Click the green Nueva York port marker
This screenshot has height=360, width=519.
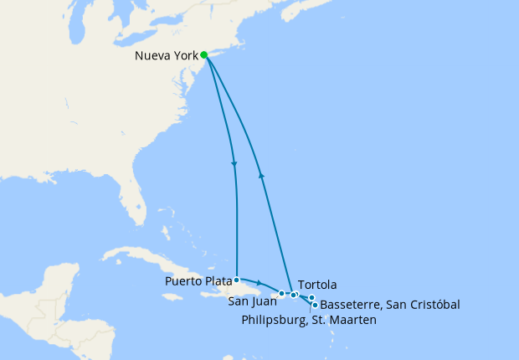pos(204,55)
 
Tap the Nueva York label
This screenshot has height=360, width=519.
pos(166,56)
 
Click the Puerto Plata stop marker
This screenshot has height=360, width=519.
pos(237,279)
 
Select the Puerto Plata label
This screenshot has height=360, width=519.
pos(198,280)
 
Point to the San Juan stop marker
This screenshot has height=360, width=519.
pos(281,293)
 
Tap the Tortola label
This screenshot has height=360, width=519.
pos(317,285)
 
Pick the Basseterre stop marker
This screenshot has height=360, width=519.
pos(315,305)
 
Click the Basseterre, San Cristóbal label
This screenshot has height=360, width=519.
pos(390,305)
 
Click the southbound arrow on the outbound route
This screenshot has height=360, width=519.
pos(234,163)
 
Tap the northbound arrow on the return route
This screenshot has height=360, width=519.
pos(262,175)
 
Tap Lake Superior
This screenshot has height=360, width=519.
pos(67,7)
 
